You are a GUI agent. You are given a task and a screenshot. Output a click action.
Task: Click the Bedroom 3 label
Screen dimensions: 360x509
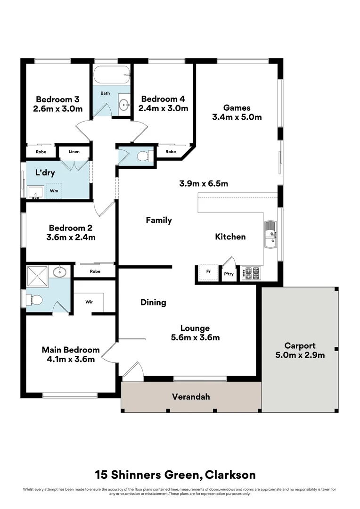click(x=58, y=99)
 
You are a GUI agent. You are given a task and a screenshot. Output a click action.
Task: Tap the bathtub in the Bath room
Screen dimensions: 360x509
click(x=112, y=75)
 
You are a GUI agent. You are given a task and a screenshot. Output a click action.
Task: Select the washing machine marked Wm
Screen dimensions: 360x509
click(x=54, y=191)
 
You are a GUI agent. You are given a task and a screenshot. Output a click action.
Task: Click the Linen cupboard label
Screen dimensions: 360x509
click(x=74, y=152)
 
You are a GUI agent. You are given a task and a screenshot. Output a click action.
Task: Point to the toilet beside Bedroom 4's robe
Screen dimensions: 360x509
click(x=145, y=156)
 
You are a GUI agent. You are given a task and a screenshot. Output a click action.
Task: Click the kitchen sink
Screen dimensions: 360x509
click(x=271, y=234)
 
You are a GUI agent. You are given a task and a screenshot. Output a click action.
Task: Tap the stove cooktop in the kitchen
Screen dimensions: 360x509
click(x=251, y=273)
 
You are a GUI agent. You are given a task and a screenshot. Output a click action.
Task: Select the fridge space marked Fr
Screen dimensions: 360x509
click(x=208, y=271)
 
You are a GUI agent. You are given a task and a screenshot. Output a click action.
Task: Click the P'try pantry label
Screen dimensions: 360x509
click(x=229, y=274)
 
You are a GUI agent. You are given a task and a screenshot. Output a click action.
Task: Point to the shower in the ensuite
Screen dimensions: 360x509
click(x=37, y=276)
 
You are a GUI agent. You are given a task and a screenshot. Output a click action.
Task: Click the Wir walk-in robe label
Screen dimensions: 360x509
click(x=89, y=302)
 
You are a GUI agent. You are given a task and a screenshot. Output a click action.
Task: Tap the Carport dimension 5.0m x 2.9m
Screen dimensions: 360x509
click(x=300, y=355)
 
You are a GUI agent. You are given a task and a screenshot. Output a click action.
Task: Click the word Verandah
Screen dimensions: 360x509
click(x=191, y=397)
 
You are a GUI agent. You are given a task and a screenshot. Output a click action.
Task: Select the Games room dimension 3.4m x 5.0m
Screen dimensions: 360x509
click(x=237, y=117)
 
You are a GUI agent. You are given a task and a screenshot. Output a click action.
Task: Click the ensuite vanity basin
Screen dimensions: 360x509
click(x=59, y=272)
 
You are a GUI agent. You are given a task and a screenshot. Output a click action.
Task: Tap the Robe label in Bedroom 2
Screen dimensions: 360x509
click(x=95, y=271)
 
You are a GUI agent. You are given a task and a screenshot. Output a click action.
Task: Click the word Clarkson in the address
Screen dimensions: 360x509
click(x=230, y=475)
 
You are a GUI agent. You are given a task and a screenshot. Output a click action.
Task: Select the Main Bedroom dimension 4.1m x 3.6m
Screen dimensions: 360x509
click(x=70, y=359)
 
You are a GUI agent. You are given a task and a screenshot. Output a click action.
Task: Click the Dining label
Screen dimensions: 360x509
click(x=153, y=303)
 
